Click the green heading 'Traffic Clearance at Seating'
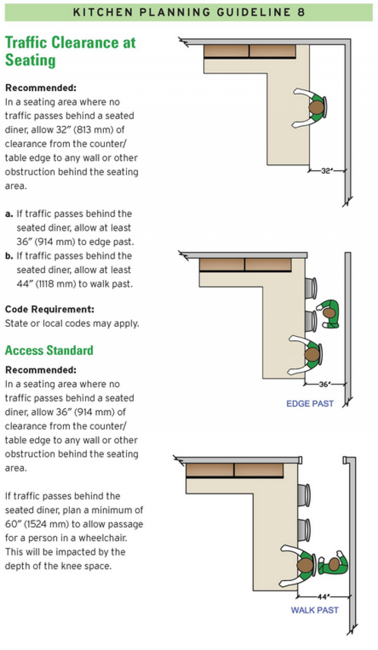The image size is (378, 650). point(70,51)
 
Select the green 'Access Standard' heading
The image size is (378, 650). point(49,350)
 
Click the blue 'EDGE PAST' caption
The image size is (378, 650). point(310,403)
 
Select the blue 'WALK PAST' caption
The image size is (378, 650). point(315,610)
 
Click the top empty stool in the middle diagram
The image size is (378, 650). point(311,288)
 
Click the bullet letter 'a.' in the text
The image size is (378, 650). point(9,214)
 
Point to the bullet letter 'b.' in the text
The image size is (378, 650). point(9,256)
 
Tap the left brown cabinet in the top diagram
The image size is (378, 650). point(226,51)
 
